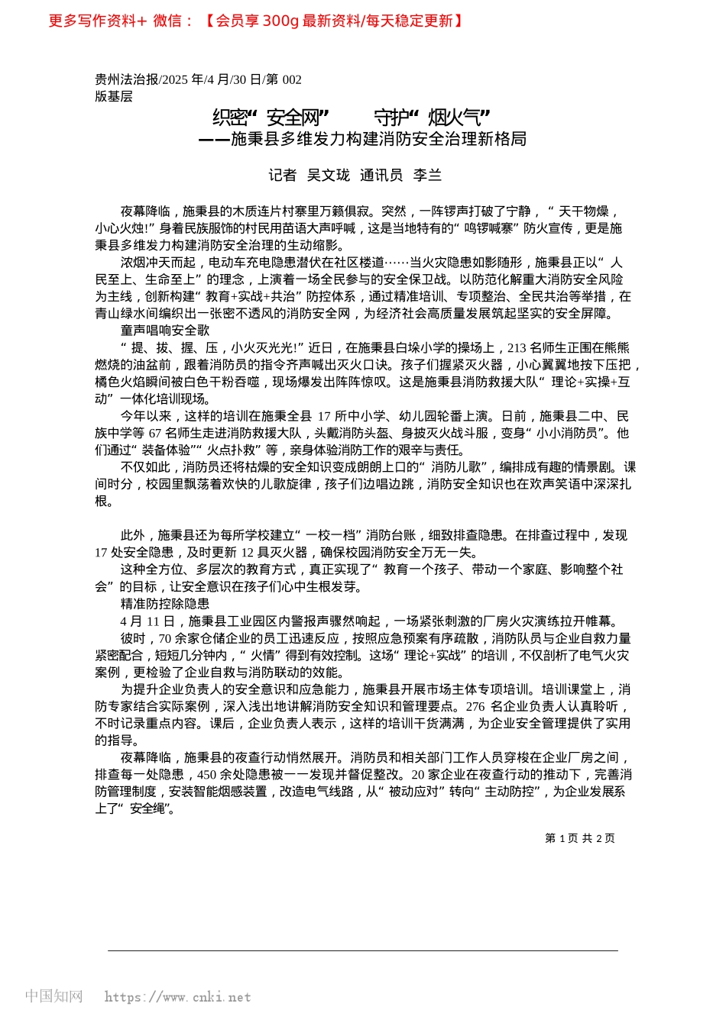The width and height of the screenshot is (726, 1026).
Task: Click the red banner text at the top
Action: click(x=256, y=21)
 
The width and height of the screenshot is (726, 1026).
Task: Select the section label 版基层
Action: click(x=114, y=96)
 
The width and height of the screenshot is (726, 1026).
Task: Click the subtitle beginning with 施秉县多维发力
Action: click(x=378, y=139)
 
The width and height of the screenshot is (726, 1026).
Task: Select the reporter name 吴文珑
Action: click(x=328, y=176)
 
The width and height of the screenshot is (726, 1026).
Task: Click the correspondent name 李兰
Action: click(x=427, y=176)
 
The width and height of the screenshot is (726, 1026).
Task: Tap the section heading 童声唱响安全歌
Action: click(x=165, y=331)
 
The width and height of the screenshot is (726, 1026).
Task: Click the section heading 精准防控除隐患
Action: click(x=165, y=604)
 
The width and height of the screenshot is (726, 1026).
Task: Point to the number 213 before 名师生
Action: click(x=517, y=348)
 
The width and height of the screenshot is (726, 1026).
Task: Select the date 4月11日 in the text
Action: click(x=147, y=621)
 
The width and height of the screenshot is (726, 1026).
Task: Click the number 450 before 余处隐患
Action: click(x=207, y=775)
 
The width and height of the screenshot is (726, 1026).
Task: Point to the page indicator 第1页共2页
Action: click(x=579, y=838)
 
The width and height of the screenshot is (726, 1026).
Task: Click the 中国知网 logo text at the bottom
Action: click(x=53, y=996)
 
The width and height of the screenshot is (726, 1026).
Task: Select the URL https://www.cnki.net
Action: click(x=177, y=997)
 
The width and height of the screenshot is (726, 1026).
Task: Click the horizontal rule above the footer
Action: click(x=363, y=950)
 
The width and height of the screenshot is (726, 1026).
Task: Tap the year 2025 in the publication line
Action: click(x=176, y=79)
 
